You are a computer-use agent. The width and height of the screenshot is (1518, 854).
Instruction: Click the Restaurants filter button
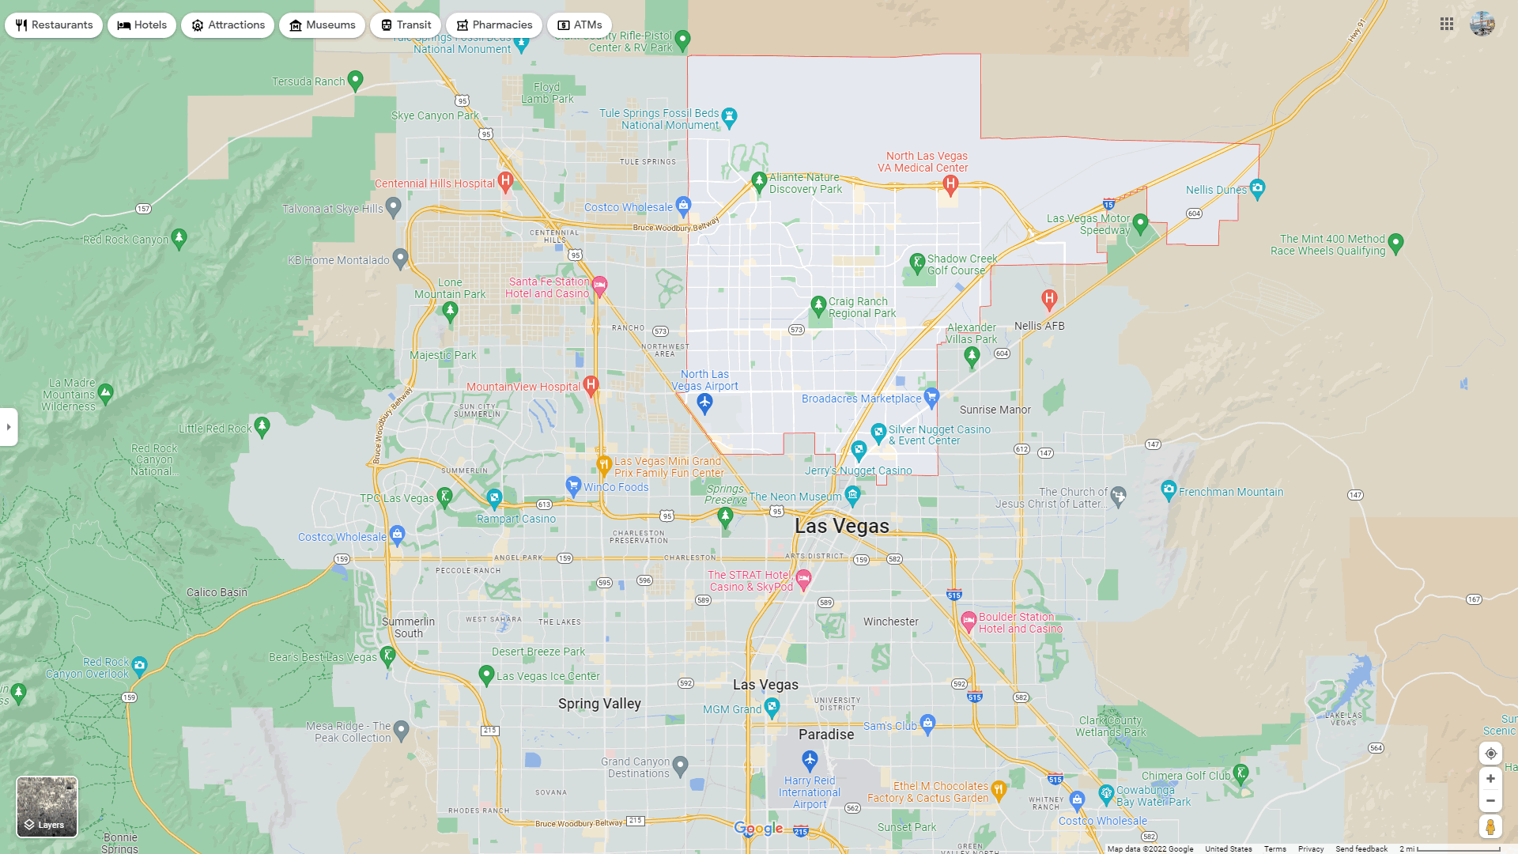[x=54, y=25]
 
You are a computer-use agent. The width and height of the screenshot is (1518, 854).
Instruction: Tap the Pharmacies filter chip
[x=493, y=25]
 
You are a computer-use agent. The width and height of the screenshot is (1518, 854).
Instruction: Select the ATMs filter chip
[x=580, y=25]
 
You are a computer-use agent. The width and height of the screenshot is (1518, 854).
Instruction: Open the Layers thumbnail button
[x=47, y=807]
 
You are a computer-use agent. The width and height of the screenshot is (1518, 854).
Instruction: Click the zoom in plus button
[x=1490, y=779]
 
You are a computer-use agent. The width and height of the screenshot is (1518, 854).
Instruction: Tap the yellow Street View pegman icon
[x=1490, y=827]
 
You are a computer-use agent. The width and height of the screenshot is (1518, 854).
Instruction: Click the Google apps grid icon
[x=1447, y=25]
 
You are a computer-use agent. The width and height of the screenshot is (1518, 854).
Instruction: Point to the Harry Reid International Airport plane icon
[x=810, y=760]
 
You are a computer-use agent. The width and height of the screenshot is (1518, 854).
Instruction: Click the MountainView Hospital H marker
[x=591, y=385]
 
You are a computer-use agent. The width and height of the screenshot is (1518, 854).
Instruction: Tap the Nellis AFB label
[x=1039, y=326]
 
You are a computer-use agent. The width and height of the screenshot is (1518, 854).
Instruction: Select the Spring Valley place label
[x=599, y=704]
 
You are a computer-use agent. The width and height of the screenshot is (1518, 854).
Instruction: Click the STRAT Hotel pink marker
[x=804, y=578]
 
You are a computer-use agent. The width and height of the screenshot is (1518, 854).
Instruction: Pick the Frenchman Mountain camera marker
[x=1169, y=490]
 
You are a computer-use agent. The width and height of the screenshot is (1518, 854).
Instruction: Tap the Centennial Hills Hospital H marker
[x=505, y=181]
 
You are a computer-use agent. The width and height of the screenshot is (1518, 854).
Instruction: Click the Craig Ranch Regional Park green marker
[x=818, y=305]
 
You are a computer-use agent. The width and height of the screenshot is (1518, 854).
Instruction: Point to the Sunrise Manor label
[x=995, y=410]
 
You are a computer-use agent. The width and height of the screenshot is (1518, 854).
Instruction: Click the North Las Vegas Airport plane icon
[x=704, y=402]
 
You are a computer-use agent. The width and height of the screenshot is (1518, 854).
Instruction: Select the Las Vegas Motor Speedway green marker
[x=1140, y=223]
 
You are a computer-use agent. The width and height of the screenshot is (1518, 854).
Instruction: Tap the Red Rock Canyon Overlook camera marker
[x=139, y=665]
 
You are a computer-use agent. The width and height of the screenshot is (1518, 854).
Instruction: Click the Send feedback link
[x=1361, y=849]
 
